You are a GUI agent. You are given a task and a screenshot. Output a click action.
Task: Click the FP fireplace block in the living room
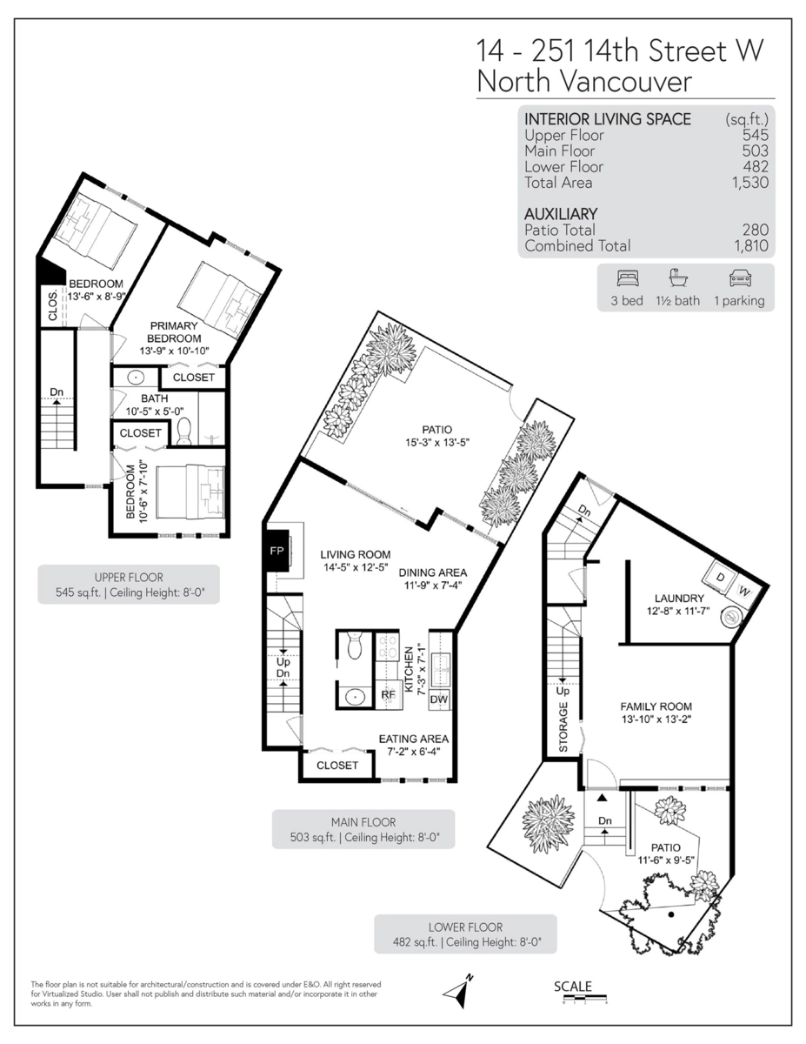click(276, 551)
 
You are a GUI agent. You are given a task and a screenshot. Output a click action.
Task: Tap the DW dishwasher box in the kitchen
click(438, 699)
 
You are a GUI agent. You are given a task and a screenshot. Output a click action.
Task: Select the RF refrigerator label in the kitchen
click(389, 695)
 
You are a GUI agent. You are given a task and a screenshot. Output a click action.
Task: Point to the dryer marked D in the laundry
click(720, 578)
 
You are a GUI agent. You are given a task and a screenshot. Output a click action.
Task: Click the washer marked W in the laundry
click(743, 592)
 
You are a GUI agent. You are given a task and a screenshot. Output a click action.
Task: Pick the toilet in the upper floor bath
click(184, 431)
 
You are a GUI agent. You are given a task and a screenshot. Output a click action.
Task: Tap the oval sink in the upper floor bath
click(137, 378)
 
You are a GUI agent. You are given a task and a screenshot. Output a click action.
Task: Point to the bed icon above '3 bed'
click(628, 278)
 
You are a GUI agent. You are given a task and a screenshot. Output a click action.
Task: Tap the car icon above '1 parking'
click(740, 278)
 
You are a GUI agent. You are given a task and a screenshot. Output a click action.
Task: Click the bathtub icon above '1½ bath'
click(678, 278)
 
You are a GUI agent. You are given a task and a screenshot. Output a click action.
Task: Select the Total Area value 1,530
click(750, 183)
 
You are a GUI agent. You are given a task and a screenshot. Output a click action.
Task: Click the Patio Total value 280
click(756, 230)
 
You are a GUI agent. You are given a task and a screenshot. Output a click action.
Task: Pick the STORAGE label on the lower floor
click(563, 727)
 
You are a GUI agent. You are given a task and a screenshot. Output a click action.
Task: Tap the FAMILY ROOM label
click(656, 706)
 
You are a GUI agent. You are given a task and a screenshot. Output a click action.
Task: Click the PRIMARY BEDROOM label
click(174, 332)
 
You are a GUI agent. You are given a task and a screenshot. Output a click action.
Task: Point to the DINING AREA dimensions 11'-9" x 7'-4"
click(433, 586)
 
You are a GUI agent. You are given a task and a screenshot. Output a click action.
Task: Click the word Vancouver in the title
click(626, 82)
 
